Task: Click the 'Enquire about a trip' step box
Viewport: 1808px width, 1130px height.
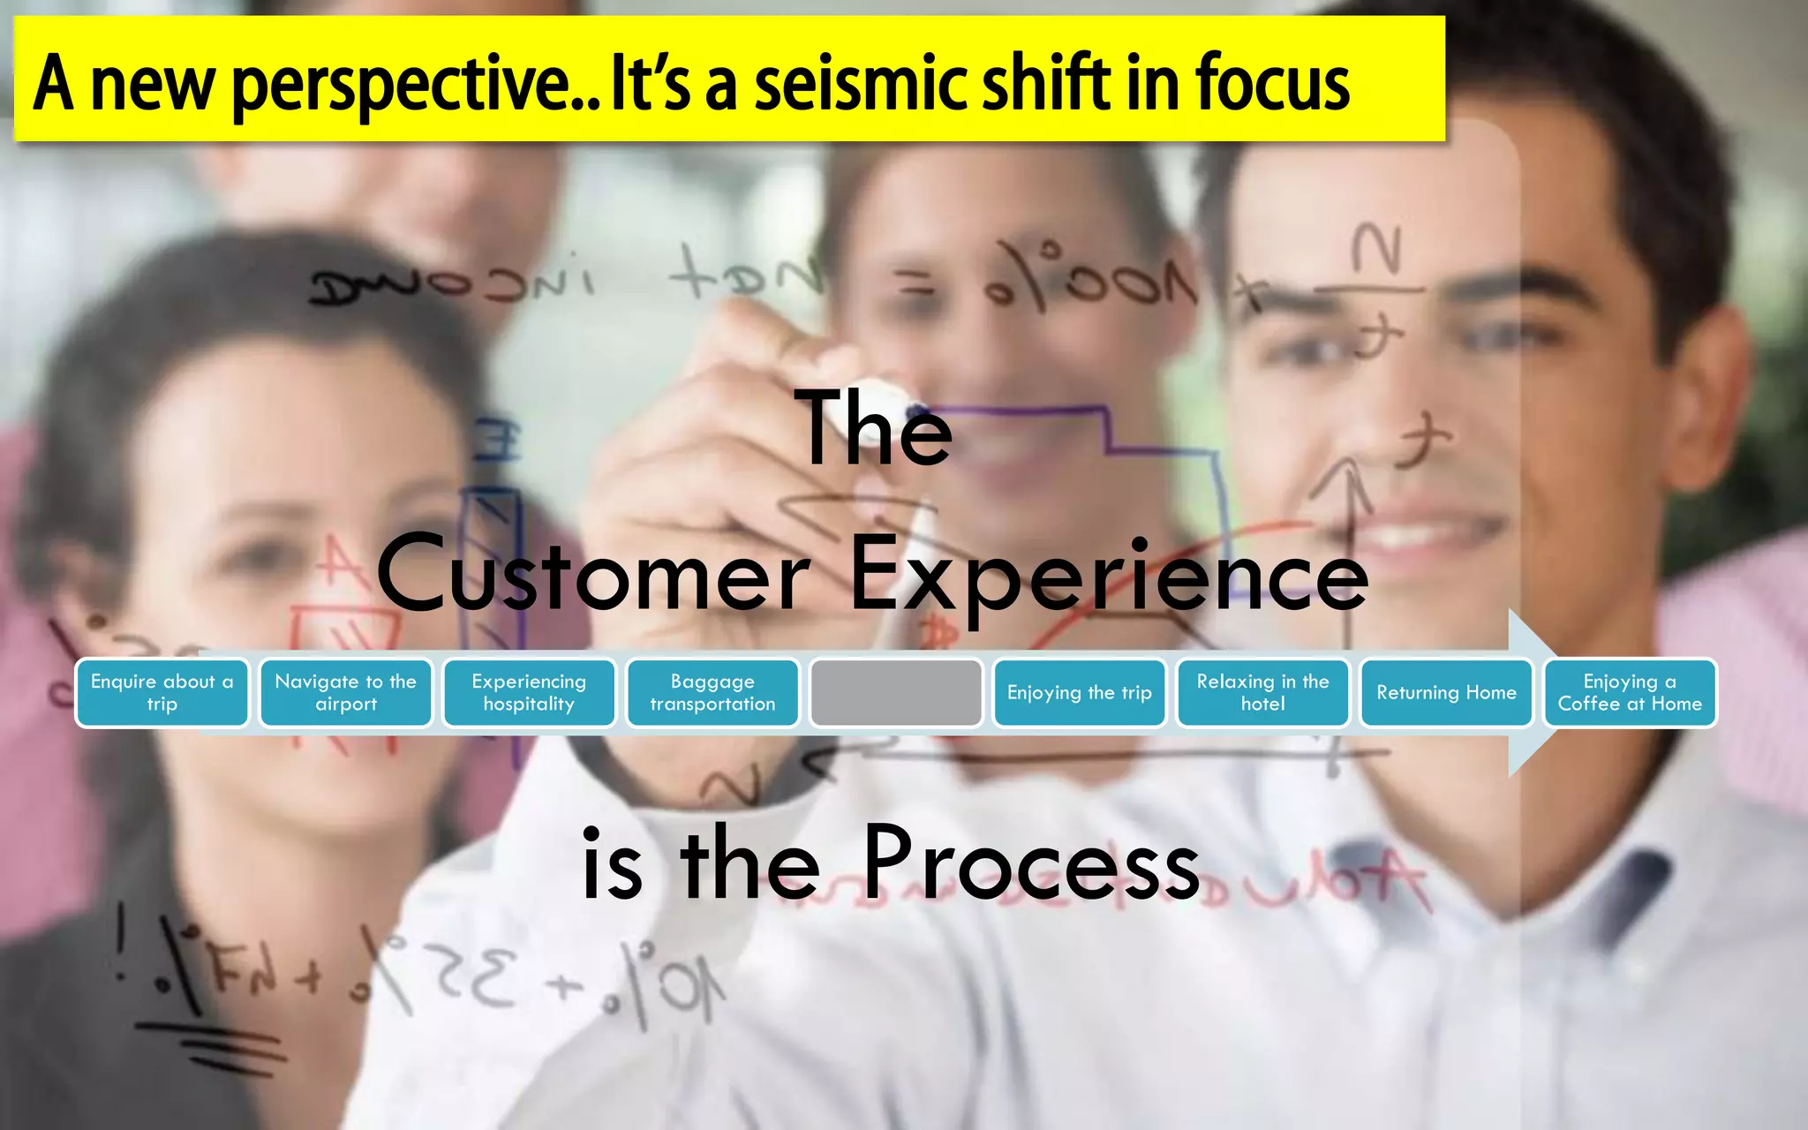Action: click(x=162, y=693)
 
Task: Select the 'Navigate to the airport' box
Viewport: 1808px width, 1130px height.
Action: click(x=345, y=693)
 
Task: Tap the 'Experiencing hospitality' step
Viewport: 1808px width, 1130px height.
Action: click(x=529, y=693)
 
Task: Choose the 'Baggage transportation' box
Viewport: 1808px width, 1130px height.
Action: click(x=712, y=693)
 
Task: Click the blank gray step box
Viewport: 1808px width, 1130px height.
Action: click(x=896, y=693)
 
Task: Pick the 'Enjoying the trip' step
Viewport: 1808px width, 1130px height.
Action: click(x=1079, y=693)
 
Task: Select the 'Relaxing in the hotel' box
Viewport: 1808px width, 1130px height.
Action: click(x=1262, y=693)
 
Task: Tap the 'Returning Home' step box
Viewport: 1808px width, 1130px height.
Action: click(x=1446, y=693)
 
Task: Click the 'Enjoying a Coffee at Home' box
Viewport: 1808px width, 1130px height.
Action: click(x=1630, y=693)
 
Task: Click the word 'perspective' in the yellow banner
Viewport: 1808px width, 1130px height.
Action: click(x=402, y=85)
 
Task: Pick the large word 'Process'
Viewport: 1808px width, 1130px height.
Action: click(x=1030, y=863)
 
